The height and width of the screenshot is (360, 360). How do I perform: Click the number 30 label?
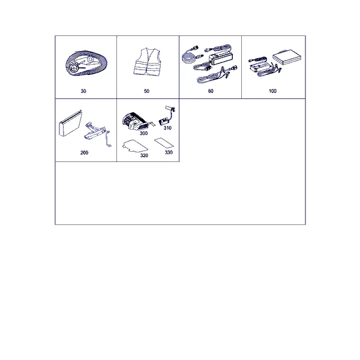(x=83, y=91)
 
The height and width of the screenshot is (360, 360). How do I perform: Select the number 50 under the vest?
(x=146, y=91)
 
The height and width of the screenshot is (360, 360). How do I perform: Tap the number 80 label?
(x=211, y=91)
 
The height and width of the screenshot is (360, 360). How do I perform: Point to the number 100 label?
(x=272, y=91)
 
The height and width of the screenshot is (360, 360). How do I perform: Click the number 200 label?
(x=84, y=152)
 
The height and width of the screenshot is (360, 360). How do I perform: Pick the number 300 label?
(x=144, y=133)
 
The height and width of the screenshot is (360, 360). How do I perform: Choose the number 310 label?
(x=167, y=128)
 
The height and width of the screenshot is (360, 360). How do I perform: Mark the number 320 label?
(x=144, y=155)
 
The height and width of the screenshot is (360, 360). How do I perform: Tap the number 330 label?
(x=169, y=152)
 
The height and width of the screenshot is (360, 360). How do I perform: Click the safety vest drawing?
(x=147, y=62)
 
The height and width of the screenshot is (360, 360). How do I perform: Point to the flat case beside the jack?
(x=70, y=124)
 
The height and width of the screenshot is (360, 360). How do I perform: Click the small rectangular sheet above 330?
(x=164, y=143)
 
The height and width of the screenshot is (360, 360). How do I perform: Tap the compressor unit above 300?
(x=137, y=121)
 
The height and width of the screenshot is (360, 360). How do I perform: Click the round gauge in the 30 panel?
(x=74, y=68)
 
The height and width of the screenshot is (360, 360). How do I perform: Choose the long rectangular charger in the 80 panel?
(x=222, y=59)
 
